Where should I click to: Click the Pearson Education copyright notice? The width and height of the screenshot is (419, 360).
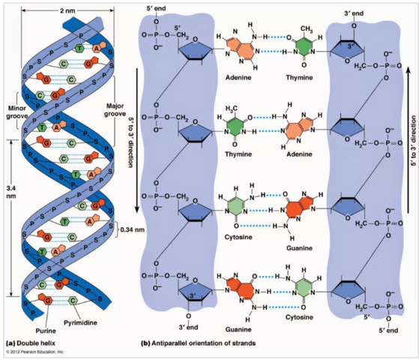click(34, 351)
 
